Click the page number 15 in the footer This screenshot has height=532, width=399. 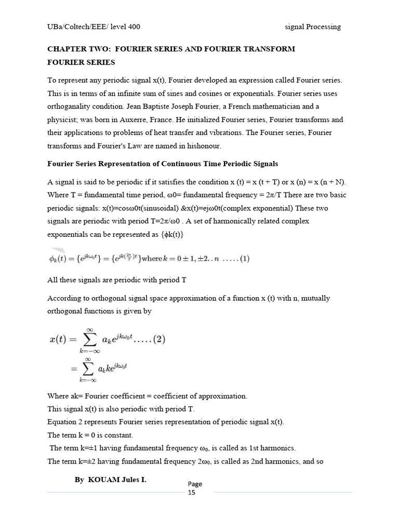point(192,493)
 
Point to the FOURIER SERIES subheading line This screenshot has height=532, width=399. point(81,62)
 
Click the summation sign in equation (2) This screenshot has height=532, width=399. point(89,340)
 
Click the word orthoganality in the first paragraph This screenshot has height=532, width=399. point(70,107)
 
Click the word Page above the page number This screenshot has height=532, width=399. point(195,484)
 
